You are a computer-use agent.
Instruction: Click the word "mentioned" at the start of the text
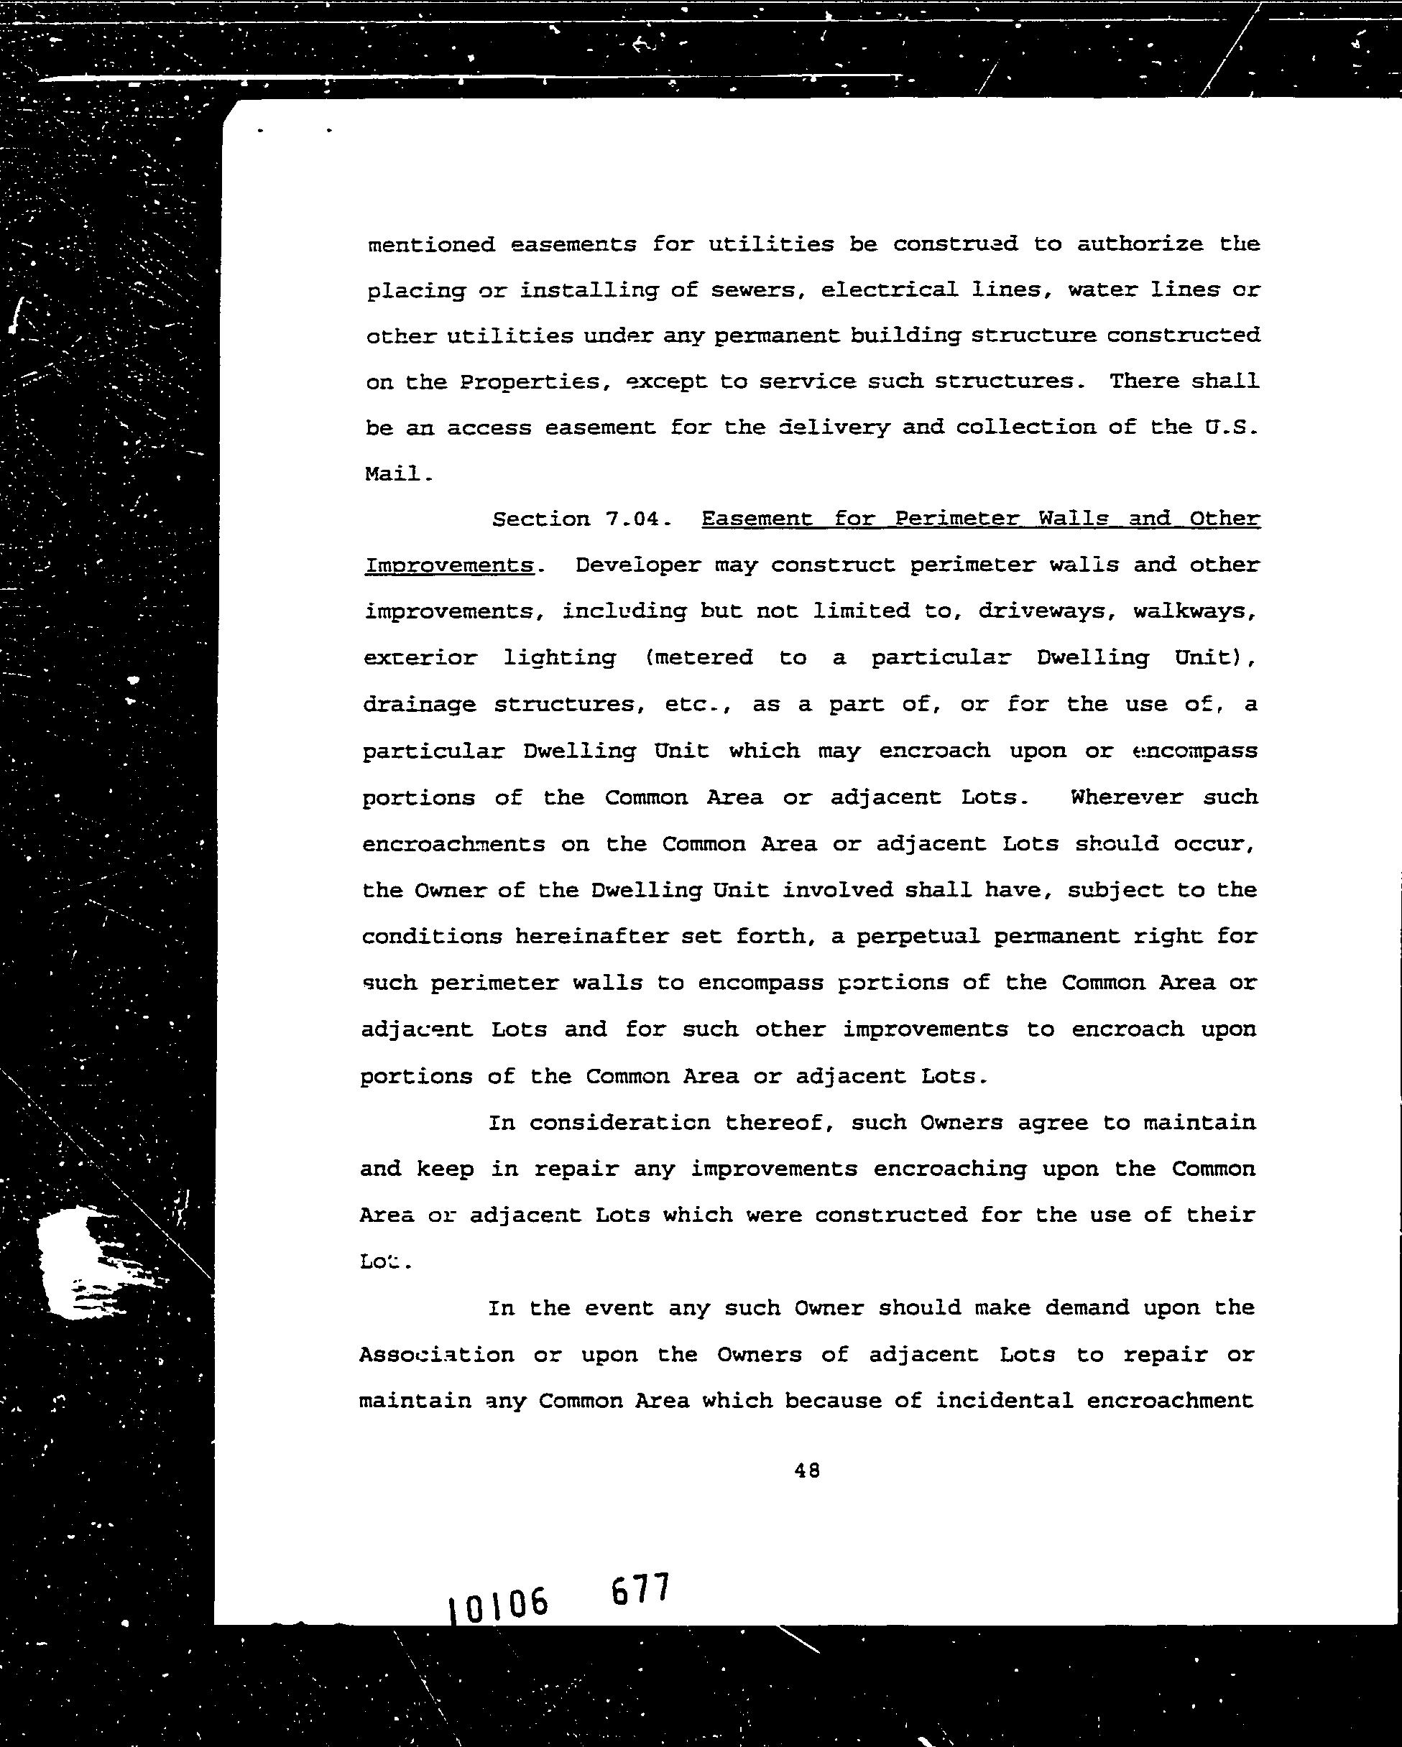(431, 245)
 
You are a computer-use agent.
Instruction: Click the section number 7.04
(635, 519)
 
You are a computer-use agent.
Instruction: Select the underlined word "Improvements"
(449, 565)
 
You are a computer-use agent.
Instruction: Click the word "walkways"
(1194, 611)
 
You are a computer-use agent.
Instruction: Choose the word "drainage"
(419, 705)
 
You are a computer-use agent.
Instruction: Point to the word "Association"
(436, 1355)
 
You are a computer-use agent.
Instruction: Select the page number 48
(807, 1470)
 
